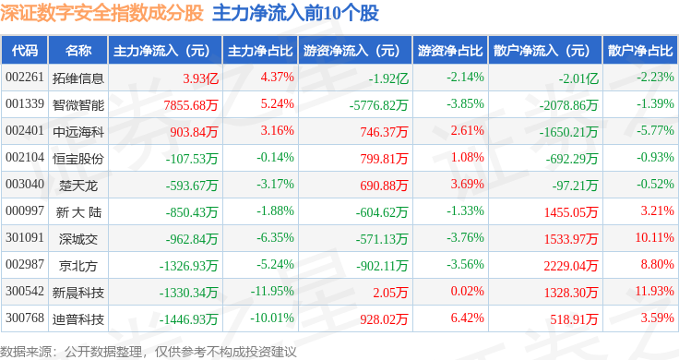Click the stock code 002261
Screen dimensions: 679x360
[x=25, y=78]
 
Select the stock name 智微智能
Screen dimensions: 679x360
[x=78, y=105]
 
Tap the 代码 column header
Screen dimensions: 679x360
[x=25, y=51]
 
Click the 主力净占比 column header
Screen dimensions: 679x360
[x=260, y=51]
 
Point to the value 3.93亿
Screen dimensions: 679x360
[x=200, y=78]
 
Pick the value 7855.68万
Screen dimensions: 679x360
[x=191, y=105]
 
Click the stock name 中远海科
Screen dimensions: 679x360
[x=78, y=132]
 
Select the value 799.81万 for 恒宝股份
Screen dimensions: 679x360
[x=384, y=159]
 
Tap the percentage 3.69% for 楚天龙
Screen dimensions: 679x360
[x=467, y=184]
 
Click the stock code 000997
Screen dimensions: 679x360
[x=25, y=211]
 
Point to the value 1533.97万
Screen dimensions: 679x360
[x=571, y=239]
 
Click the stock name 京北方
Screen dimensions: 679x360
[x=78, y=266]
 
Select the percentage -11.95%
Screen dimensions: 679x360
[x=272, y=291]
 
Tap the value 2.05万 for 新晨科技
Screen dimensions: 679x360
[x=390, y=293]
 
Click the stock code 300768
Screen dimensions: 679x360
[x=25, y=318]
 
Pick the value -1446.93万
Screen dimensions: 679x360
[x=188, y=319]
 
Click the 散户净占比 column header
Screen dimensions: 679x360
[x=640, y=51]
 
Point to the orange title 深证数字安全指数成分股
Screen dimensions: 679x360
[x=101, y=13]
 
